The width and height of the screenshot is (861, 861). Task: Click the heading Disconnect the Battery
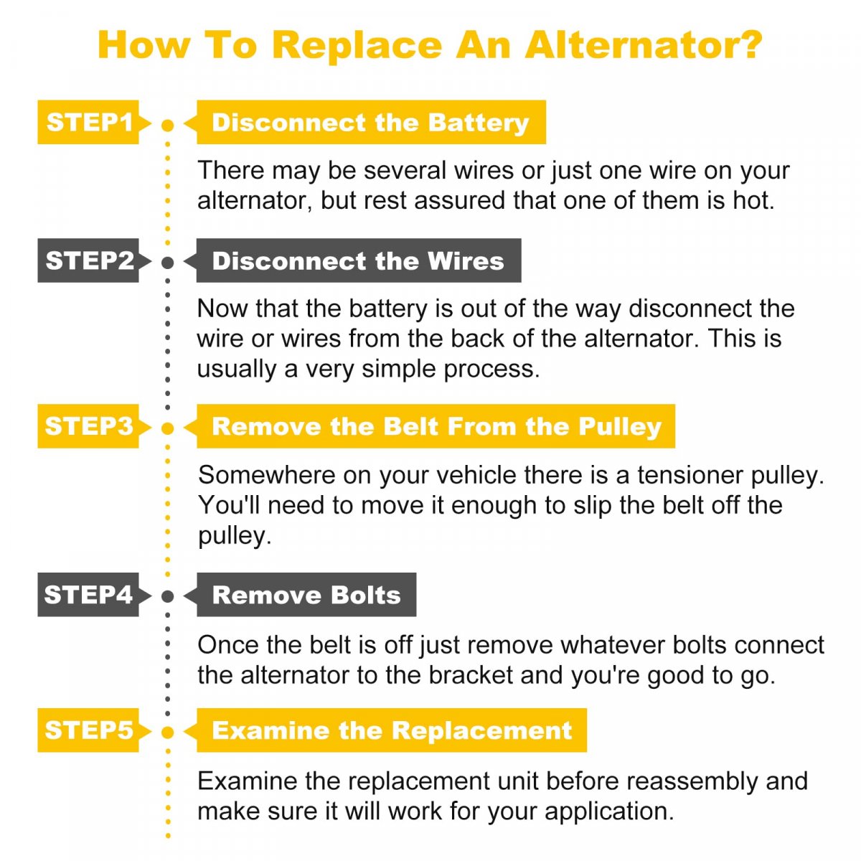tap(370, 122)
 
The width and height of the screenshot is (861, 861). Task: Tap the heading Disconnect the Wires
tap(357, 260)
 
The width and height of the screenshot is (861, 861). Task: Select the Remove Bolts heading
tap(306, 594)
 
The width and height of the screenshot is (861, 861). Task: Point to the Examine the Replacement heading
tap(391, 730)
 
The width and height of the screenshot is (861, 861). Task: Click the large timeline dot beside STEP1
tap(168, 126)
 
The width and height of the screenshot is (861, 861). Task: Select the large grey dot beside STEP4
tap(168, 596)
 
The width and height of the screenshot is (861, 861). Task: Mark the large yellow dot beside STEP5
tap(168, 733)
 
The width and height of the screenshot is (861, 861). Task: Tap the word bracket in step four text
tap(471, 675)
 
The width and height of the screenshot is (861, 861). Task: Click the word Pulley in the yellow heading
tap(620, 428)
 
